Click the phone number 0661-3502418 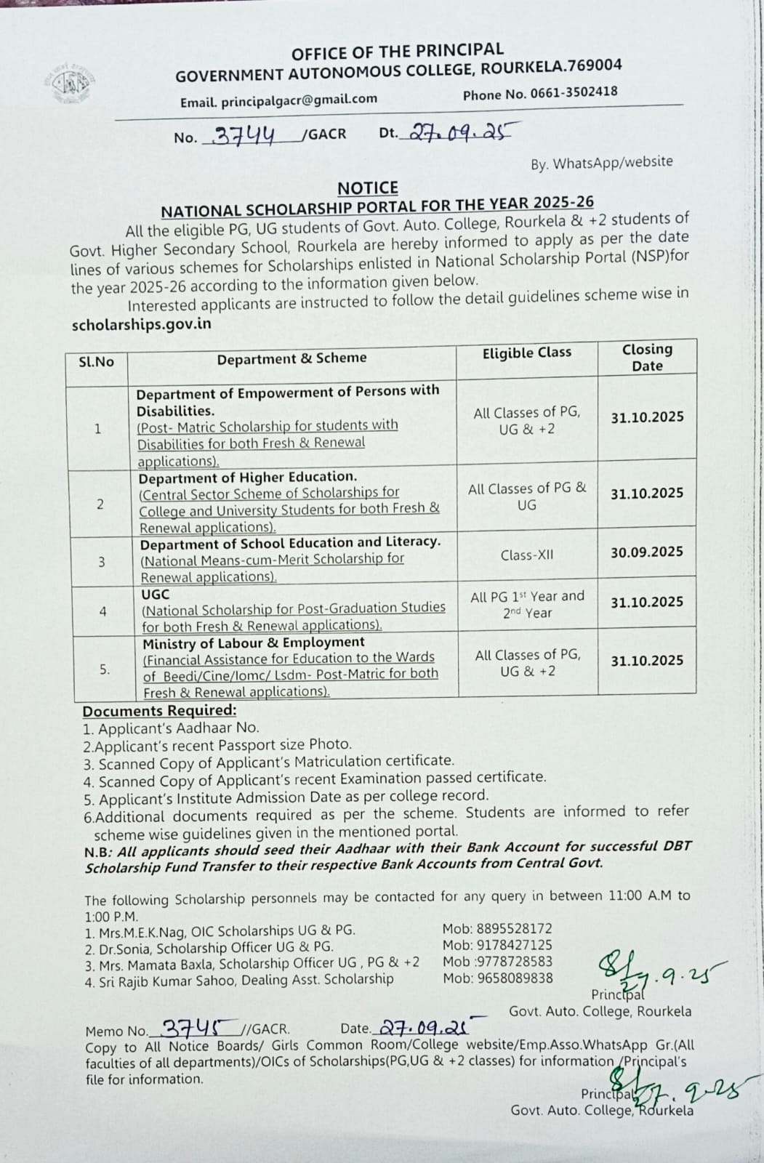[574, 92]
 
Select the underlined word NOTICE [369, 188]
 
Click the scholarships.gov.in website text [142, 324]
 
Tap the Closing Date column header [647, 357]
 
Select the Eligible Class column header [527, 353]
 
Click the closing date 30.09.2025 [647, 552]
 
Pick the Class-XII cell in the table [527, 555]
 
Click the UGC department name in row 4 [156, 594]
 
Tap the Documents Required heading [159, 711]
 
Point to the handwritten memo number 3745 [193, 1028]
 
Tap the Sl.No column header [97, 361]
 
